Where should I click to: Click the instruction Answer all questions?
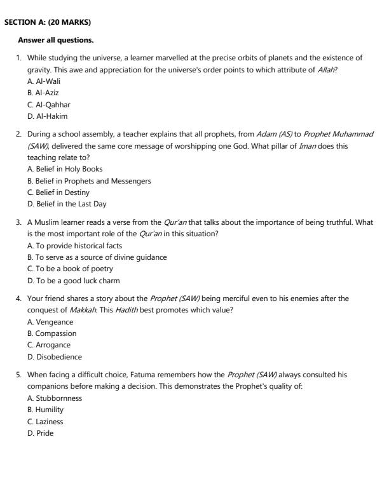tap(56, 40)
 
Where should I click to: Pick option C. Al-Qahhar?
tap(48, 105)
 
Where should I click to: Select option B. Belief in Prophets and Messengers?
tap(89, 181)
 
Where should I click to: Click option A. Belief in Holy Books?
tap(65, 169)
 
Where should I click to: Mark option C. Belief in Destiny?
tap(58, 192)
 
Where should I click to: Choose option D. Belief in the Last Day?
tap(67, 204)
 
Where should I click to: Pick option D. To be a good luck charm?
tap(73, 281)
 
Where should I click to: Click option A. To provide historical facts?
tap(75, 246)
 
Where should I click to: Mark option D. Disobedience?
tap(54, 357)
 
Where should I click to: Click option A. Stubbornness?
tap(54, 398)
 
